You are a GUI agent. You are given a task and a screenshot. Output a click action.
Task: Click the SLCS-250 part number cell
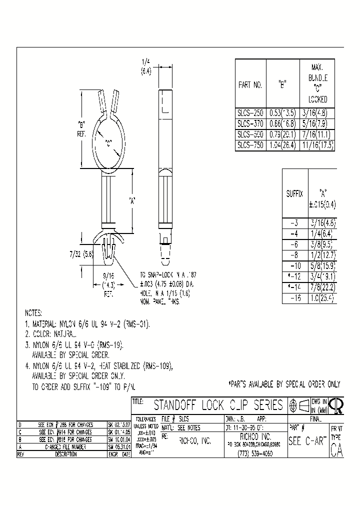tap(250, 113)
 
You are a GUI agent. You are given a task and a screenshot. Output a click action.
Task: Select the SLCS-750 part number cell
tap(250, 145)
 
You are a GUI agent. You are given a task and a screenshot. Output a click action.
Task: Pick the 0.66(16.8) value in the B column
tap(282, 124)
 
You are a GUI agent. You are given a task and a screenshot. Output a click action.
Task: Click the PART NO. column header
tap(250, 85)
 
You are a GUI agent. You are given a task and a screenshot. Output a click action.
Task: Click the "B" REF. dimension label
tap(82, 128)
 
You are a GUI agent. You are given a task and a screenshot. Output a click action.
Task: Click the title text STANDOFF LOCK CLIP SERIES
tap(218, 405)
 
